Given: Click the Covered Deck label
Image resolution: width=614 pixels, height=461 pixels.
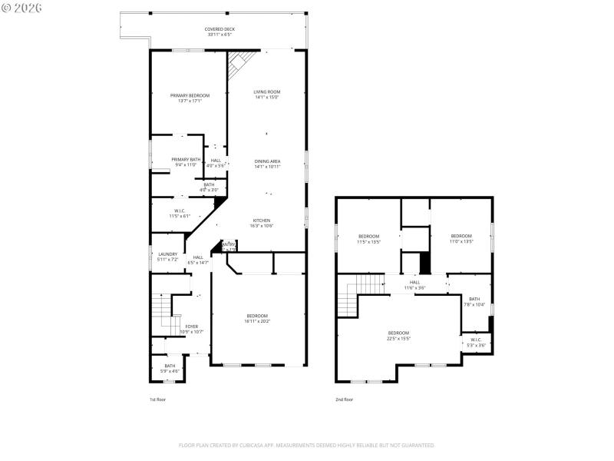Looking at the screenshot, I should click(x=219, y=32).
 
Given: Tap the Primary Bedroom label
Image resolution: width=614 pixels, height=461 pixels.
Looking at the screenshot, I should click(x=190, y=98).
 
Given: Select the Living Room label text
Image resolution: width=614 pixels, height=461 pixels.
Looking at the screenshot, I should click(x=267, y=95).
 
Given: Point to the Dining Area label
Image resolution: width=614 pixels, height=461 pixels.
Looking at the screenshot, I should click(x=267, y=164).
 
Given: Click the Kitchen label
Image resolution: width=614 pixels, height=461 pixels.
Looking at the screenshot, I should click(x=262, y=223).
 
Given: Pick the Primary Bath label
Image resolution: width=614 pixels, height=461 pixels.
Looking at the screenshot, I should click(x=186, y=161).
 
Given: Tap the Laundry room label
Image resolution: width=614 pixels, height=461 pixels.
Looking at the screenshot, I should click(x=167, y=257).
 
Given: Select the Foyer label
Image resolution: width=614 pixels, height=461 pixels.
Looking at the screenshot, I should click(x=192, y=329).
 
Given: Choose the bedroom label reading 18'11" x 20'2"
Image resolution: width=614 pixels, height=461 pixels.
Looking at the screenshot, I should click(x=257, y=319).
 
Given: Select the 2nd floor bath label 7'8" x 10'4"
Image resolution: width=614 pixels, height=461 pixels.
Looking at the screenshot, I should click(x=474, y=302).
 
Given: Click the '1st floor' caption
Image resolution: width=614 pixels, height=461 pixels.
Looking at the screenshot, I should click(x=157, y=400).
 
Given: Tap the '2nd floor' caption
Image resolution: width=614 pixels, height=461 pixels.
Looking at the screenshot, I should click(x=344, y=400).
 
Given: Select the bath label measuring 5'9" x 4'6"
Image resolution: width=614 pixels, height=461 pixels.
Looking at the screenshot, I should click(x=169, y=369).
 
